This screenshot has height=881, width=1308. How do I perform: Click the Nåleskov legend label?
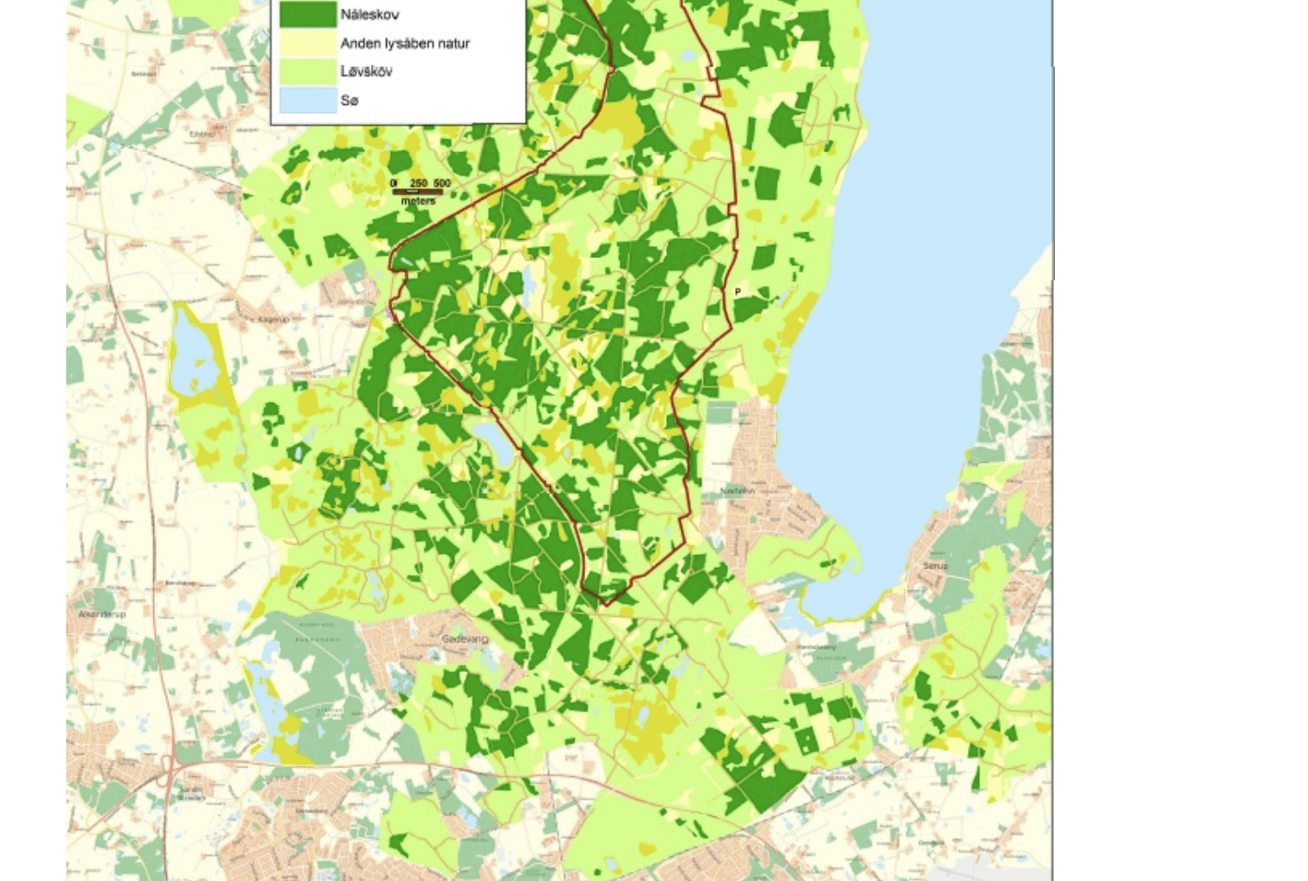pyautogui.click(x=369, y=15)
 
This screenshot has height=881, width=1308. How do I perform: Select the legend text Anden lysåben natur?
pyautogui.click(x=404, y=43)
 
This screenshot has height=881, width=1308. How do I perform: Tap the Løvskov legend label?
pyautogui.click(x=366, y=71)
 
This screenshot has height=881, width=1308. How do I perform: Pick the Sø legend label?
pyautogui.click(x=349, y=101)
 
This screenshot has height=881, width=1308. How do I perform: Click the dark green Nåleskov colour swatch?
pyautogui.click(x=307, y=14)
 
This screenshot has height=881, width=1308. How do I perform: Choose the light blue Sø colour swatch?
pyautogui.click(x=307, y=100)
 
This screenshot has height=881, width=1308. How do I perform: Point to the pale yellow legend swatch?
pyautogui.click(x=307, y=42)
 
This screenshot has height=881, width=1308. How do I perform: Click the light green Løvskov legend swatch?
pyautogui.click(x=307, y=71)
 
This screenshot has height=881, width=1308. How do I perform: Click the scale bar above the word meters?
pyautogui.click(x=418, y=192)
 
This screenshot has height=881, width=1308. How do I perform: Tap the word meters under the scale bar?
pyautogui.click(x=418, y=200)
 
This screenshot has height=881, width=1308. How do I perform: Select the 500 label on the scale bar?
pyautogui.click(x=441, y=183)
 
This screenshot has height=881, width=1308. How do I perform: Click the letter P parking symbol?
pyautogui.click(x=737, y=293)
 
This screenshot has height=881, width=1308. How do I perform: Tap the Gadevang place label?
pyautogui.click(x=465, y=639)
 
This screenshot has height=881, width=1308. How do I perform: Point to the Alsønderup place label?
pyautogui.click(x=102, y=614)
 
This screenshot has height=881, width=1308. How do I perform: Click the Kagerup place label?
pyautogui.click(x=274, y=319)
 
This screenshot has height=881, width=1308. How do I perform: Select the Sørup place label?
pyautogui.click(x=935, y=566)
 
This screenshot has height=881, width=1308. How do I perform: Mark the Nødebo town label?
pyautogui.click(x=738, y=490)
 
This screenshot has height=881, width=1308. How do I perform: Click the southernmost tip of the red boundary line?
pyautogui.click(x=605, y=605)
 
